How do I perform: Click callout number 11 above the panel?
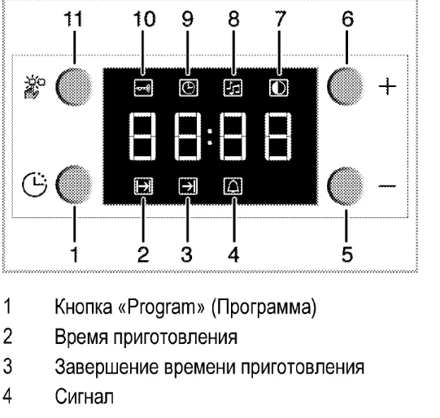pos(73,20)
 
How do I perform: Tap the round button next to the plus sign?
pos(346,86)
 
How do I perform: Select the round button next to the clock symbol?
pos(74,185)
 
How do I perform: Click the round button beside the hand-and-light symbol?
pos(74,86)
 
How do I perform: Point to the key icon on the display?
pos(143,88)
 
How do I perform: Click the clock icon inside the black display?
pos(189,88)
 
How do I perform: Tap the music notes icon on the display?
pos(233,88)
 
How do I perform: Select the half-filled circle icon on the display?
pos(279,88)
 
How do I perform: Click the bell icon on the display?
pos(233,186)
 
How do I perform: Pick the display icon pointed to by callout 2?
pos(143,186)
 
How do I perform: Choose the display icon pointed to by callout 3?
pos(189,186)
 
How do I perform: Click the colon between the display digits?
pos(210,137)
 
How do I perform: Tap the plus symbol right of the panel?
pos(387,86)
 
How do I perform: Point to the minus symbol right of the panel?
pos(387,185)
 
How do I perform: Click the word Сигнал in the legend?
pos(85,396)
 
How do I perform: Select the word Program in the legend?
pos(162,307)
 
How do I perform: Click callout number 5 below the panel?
pos(347,255)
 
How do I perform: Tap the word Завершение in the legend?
pos(107,367)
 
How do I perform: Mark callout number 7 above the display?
pos(279,19)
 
